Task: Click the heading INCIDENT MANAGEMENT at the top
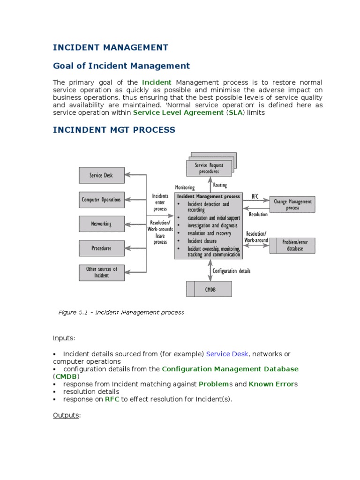tap(110, 47)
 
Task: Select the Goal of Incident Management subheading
tap(121, 66)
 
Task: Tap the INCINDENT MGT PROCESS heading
tap(114, 129)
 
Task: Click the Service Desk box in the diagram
tap(101, 175)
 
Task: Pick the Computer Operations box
tap(101, 200)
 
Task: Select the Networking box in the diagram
tap(101, 224)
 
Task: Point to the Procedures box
tap(101, 248)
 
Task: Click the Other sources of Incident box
tap(101, 272)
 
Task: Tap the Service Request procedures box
tap(209, 168)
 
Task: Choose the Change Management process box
tap(292, 204)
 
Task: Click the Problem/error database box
tap(292, 245)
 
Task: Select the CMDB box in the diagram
tap(209, 289)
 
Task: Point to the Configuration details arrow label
tap(232, 271)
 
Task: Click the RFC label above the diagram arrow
tap(255, 196)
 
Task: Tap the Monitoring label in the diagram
tap(185, 187)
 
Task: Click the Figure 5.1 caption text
tap(121, 312)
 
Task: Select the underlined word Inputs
tap(63, 338)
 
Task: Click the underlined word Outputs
tap(66, 415)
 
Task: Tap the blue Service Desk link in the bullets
tap(227, 354)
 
